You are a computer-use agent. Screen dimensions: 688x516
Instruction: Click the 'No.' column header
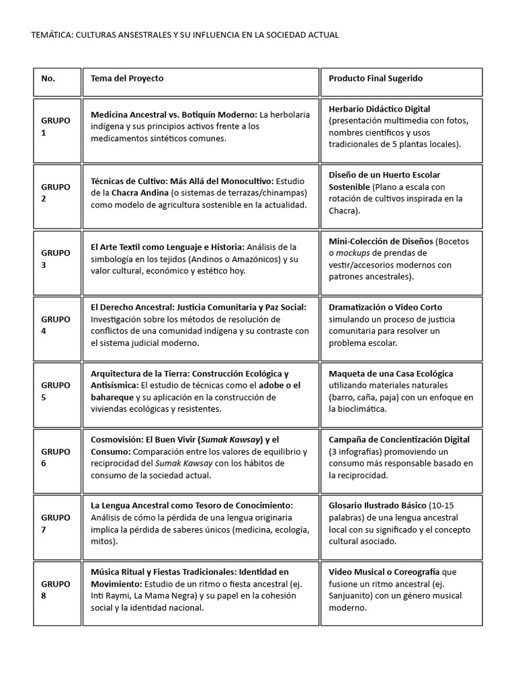pos(48,79)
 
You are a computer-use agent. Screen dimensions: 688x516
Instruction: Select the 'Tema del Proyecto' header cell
pos(127,79)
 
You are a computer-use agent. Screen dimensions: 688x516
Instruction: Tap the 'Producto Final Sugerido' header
pos(376,79)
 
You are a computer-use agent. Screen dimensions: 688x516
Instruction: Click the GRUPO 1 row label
pos(55,126)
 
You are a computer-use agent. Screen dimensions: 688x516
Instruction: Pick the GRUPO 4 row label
pos(55,325)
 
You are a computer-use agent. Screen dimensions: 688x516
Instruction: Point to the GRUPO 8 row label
pos(55,589)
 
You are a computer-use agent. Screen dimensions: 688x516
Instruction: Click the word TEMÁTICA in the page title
pos(54,35)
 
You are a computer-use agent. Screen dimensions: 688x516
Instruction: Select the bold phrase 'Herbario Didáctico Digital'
pos(380,109)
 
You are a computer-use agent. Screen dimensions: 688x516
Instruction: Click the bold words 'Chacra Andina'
pos(140,193)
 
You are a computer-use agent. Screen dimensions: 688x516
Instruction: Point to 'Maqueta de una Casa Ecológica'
pos(391,374)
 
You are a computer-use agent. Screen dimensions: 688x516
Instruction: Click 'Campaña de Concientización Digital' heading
pos(399,439)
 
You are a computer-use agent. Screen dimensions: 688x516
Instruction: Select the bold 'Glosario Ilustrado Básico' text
pos(378,505)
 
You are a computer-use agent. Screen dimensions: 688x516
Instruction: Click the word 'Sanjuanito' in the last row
pos(351,596)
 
